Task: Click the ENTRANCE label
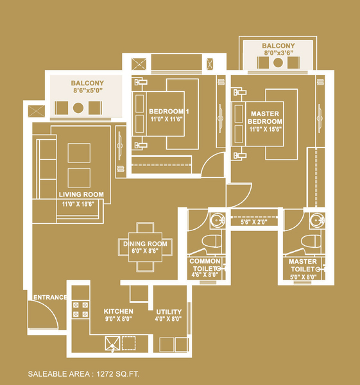pyautogui.click(x=50, y=297)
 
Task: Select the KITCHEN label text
pyautogui.click(x=118, y=311)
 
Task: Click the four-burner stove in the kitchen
pyautogui.click(x=81, y=310)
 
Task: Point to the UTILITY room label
pyautogui.click(x=169, y=312)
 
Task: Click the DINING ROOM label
pyautogui.click(x=145, y=244)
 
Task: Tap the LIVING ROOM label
pyautogui.click(x=81, y=194)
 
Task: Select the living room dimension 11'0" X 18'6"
pyautogui.click(x=78, y=204)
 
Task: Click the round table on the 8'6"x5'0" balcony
pyautogui.click(x=78, y=108)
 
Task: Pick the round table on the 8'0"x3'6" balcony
pyautogui.click(x=278, y=63)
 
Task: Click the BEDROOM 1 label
pyautogui.click(x=169, y=112)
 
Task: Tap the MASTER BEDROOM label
pyautogui.click(x=265, y=117)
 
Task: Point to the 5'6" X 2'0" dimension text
pyautogui.click(x=254, y=222)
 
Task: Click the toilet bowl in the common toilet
pyautogui.click(x=212, y=241)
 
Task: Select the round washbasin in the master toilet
pyautogui.click(x=316, y=219)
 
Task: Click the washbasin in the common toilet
pyautogui.click(x=217, y=219)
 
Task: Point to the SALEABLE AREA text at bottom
pyautogui.click(x=83, y=374)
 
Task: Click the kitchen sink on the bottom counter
pyautogui.click(x=112, y=343)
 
